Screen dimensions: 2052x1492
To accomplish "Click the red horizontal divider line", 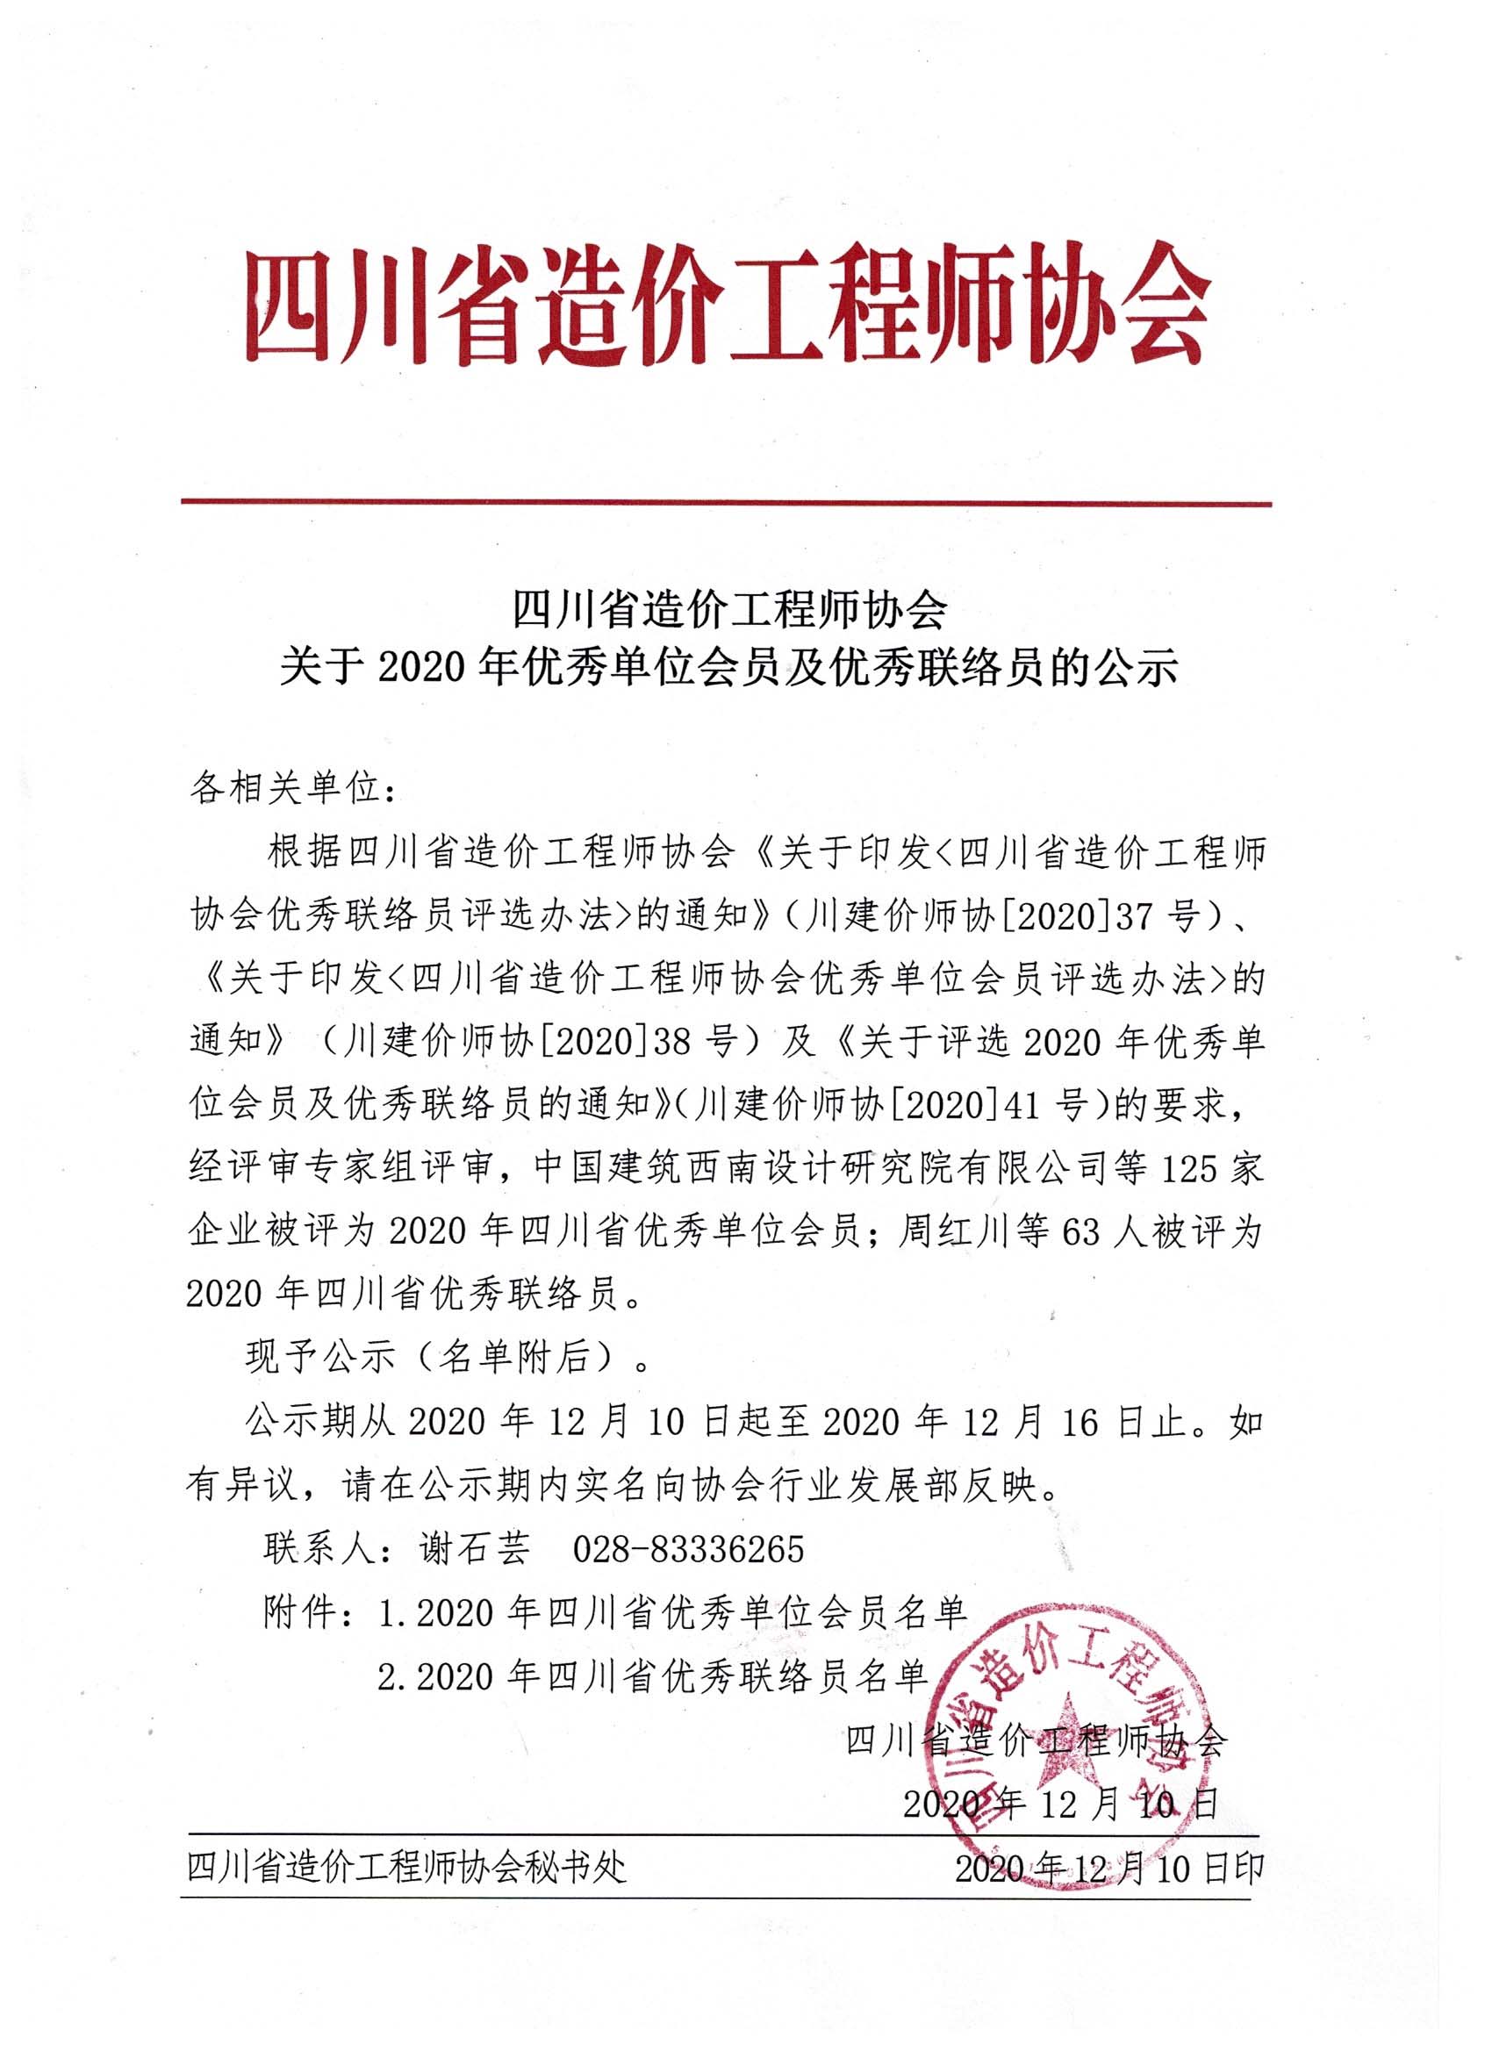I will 726,503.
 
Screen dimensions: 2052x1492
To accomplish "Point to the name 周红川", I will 960,1232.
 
